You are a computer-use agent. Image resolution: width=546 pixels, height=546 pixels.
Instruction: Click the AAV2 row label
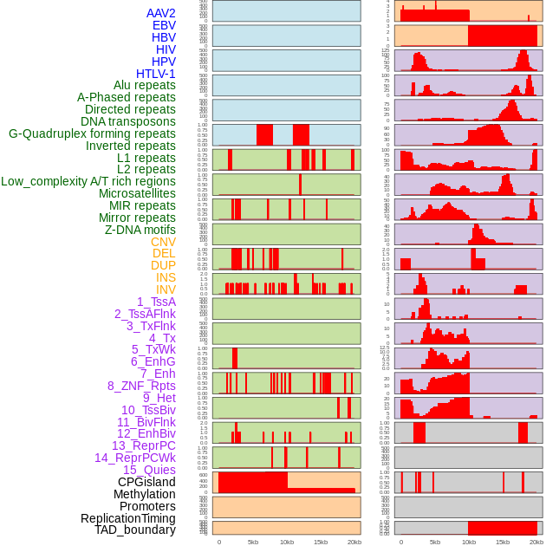pyautogui.click(x=160, y=13)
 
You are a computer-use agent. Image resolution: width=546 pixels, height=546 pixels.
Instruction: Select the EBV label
pyautogui.click(x=164, y=25)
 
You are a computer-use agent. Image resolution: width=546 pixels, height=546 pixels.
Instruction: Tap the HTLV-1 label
pyautogui.click(x=155, y=74)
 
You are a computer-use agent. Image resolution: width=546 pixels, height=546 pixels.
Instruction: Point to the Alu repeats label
pyautogui.click(x=144, y=85)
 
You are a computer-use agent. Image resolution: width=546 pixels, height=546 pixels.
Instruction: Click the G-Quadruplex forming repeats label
pyautogui.click(x=92, y=133)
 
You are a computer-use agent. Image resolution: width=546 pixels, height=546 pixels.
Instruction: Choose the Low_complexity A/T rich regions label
pyautogui.click(x=88, y=181)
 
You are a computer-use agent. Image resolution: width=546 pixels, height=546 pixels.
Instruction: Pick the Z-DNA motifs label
pyautogui.click(x=140, y=230)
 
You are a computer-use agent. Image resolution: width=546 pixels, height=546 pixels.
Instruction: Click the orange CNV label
pyautogui.click(x=163, y=242)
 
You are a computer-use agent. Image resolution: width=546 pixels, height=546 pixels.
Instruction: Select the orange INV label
pyautogui.click(x=166, y=289)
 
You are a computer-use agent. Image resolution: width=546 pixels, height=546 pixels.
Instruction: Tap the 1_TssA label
pyautogui.click(x=156, y=302)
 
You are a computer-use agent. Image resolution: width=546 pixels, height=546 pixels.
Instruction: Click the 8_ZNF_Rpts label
pyautogui.click(x=141, y=386)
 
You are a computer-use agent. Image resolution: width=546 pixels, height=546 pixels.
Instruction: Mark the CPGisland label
pyautogui.click(x=146, y=482)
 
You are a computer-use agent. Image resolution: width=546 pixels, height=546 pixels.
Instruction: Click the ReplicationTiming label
pyautogui.click(x=128, y=518)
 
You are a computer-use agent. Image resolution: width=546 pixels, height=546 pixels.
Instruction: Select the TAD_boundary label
pyautogui.click(x=135, y=530)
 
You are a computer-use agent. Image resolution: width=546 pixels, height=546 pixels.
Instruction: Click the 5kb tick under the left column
pyautogui.click(x=253, y=542)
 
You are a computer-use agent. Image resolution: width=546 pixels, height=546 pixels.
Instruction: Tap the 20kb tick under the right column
pyautogui.click(x=536, y=542)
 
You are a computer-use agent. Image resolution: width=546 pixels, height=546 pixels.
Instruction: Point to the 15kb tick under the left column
pyautogui.click(x=321, y=542)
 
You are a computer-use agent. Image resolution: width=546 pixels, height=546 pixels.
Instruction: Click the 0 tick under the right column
pyautogui.click(x=400, y=542)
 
